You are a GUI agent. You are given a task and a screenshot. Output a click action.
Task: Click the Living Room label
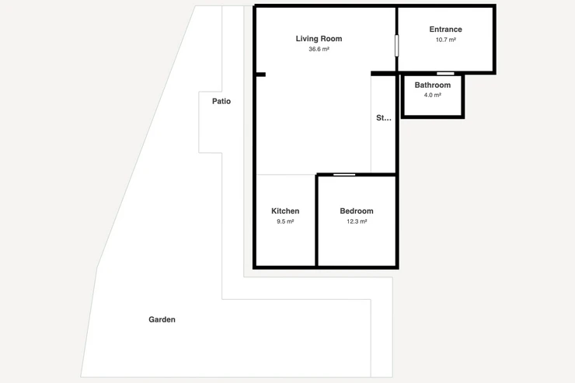[319, 39]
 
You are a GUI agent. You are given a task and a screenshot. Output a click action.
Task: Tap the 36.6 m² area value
[319, 49]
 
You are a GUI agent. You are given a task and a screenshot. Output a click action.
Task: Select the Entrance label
[445, 30]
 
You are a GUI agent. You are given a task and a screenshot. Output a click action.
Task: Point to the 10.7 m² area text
[445, 40]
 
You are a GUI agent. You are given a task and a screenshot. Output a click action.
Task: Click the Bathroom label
[433, 85]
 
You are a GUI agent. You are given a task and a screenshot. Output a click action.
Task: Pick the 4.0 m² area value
[433, 95]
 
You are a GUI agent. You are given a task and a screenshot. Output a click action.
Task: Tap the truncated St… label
[384, 118]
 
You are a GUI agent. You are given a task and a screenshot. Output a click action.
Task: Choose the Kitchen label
[285, 211]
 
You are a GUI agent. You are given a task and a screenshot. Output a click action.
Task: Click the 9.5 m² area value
[285, 221]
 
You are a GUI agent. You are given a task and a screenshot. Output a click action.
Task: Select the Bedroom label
[357, 211]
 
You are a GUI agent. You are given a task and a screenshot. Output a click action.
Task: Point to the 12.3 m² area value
[357, 221]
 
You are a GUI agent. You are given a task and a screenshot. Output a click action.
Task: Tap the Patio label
[221, 101]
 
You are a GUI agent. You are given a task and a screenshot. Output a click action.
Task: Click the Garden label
[162, 319]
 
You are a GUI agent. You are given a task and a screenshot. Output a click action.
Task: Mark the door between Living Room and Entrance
[396, 46]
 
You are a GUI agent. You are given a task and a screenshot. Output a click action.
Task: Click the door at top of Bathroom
[445, 74]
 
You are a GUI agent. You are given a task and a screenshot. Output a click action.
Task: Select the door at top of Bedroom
[344, 175]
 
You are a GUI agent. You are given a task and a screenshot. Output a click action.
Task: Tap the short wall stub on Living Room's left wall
[260, 75]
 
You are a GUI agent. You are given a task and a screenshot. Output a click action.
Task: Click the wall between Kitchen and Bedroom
[316, 221]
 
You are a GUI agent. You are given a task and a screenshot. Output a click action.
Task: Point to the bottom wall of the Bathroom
[433, 117]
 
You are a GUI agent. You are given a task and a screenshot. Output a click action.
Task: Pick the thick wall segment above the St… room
[384, 74]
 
